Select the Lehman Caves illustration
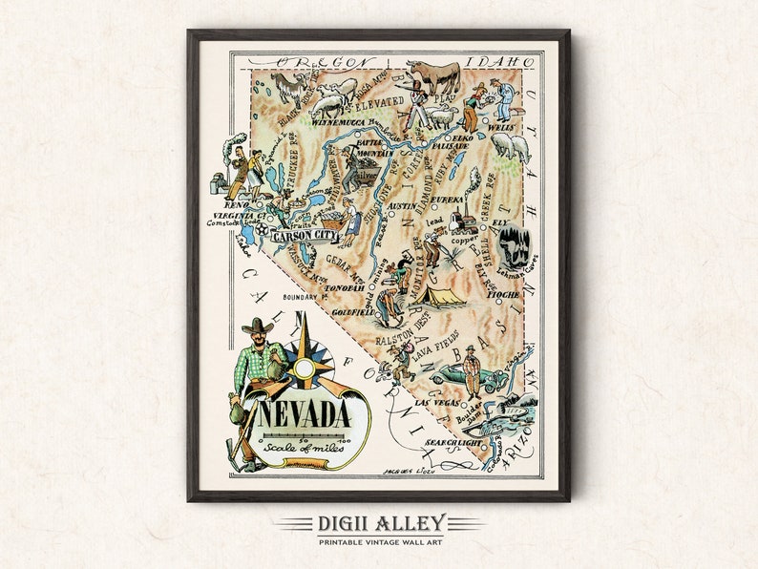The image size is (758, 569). tap(514, 246)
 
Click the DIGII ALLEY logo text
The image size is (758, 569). tap(378, 523)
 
